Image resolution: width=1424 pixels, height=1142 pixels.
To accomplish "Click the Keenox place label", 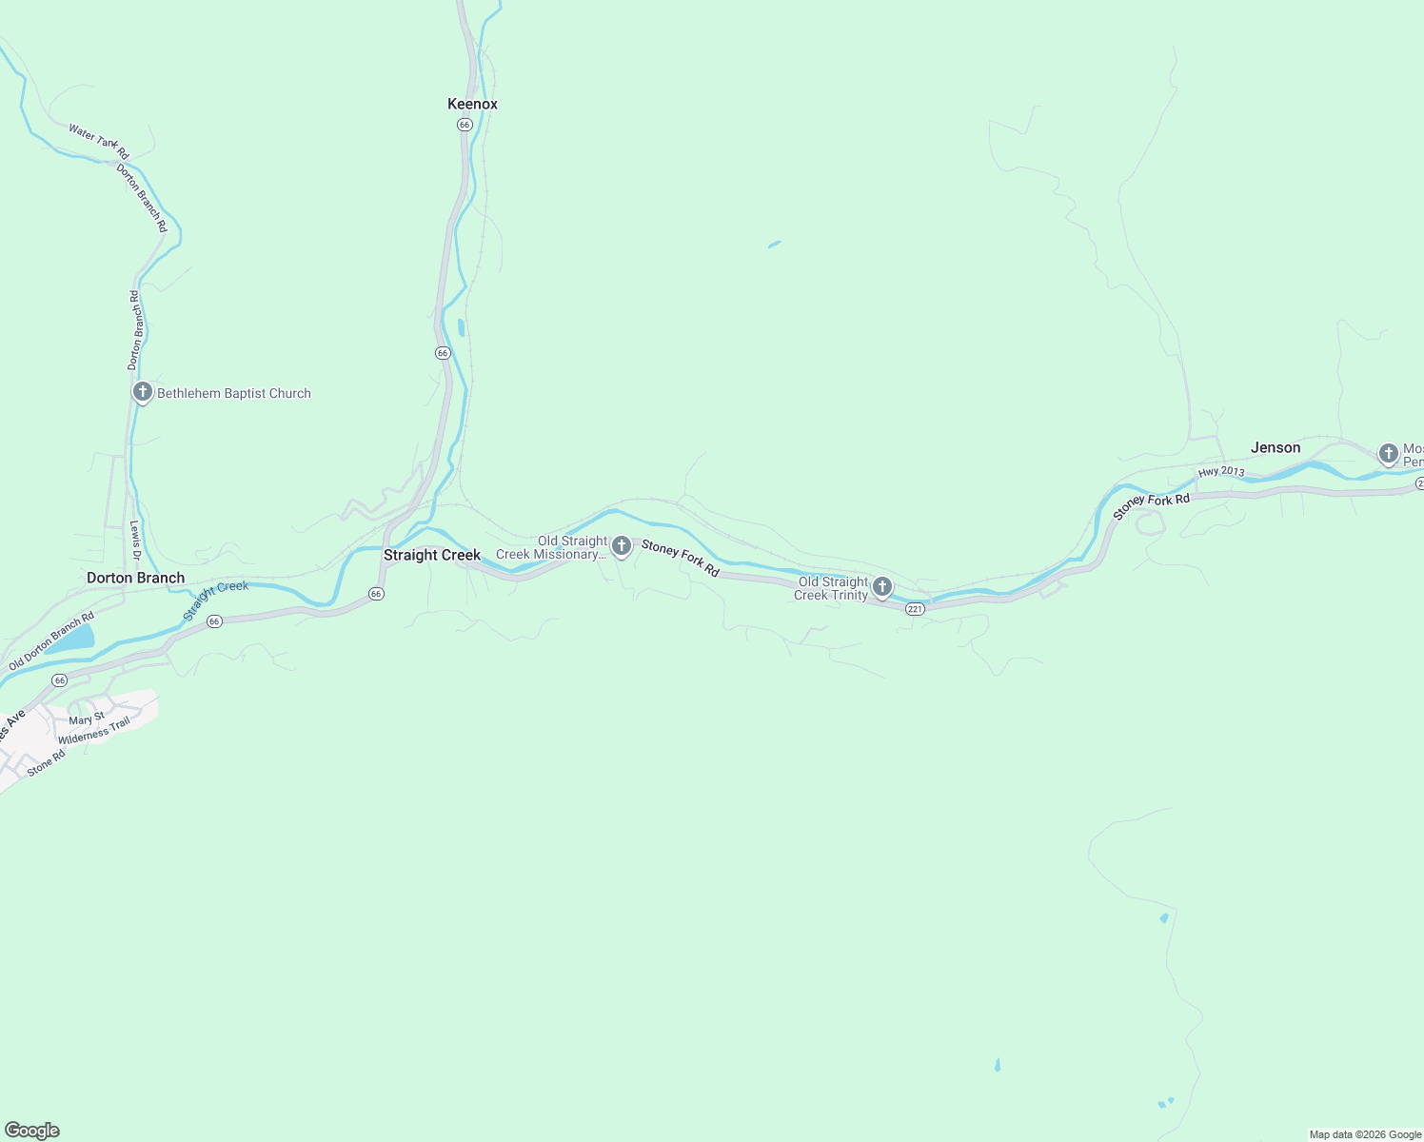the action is pos(472,104).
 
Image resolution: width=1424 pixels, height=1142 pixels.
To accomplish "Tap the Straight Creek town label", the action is pos(432,555).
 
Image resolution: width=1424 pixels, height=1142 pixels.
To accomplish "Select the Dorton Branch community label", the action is pos(135,578).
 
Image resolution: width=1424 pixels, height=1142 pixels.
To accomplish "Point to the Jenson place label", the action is pos(1275,447).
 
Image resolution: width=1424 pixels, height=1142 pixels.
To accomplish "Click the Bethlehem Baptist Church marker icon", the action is pos(143,392).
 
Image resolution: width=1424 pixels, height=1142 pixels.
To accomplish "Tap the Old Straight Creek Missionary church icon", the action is pos(622,546).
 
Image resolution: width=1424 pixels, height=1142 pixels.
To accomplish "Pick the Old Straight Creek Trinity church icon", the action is pos(882,586).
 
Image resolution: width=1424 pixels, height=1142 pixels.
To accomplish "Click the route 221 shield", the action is pos(915,609).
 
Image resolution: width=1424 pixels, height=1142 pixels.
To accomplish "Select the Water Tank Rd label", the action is pos(98,140).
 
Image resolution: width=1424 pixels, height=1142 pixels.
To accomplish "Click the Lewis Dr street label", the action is pos(135,540).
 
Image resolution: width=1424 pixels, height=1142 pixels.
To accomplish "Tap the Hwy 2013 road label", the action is pos(1221,472).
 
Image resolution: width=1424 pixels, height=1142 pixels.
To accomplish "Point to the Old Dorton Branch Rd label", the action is pos(51,641).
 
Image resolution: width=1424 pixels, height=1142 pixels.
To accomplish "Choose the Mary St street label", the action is pos(87,719).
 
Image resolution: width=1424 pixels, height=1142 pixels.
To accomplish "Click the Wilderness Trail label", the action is pos(93,732).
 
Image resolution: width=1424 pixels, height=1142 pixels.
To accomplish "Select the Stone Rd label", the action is pos(46,762).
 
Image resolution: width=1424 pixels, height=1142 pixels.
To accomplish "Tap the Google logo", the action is pos(32,1131).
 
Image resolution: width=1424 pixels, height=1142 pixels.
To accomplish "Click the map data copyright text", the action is pos(1365,1134).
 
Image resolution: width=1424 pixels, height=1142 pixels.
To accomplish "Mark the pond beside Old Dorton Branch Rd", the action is pos(71,639).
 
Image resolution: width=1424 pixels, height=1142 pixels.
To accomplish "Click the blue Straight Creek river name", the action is pos(216,600).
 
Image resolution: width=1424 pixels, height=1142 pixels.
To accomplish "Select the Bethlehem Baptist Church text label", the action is pos(234,393).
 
